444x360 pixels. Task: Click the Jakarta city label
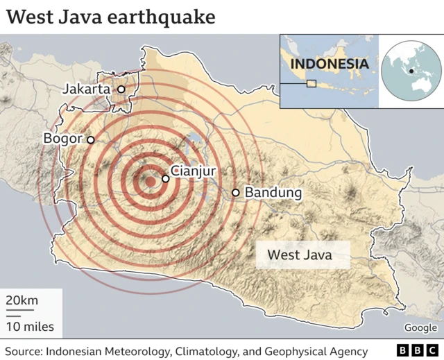86,89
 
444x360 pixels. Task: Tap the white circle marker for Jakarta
121,89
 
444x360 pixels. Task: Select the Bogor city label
63,139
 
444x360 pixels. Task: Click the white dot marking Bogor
90,139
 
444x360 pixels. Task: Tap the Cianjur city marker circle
165,178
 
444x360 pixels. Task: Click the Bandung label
273,192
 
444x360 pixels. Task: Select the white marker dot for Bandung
236,192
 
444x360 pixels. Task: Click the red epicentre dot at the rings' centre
149,182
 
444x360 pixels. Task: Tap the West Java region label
300,255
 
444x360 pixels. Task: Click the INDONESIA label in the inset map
329,64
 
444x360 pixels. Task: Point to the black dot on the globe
412,71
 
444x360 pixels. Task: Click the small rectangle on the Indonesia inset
311,83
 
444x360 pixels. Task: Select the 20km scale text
22,300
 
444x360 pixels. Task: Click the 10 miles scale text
29,326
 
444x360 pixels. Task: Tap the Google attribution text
420,327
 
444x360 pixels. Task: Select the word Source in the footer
22,350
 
